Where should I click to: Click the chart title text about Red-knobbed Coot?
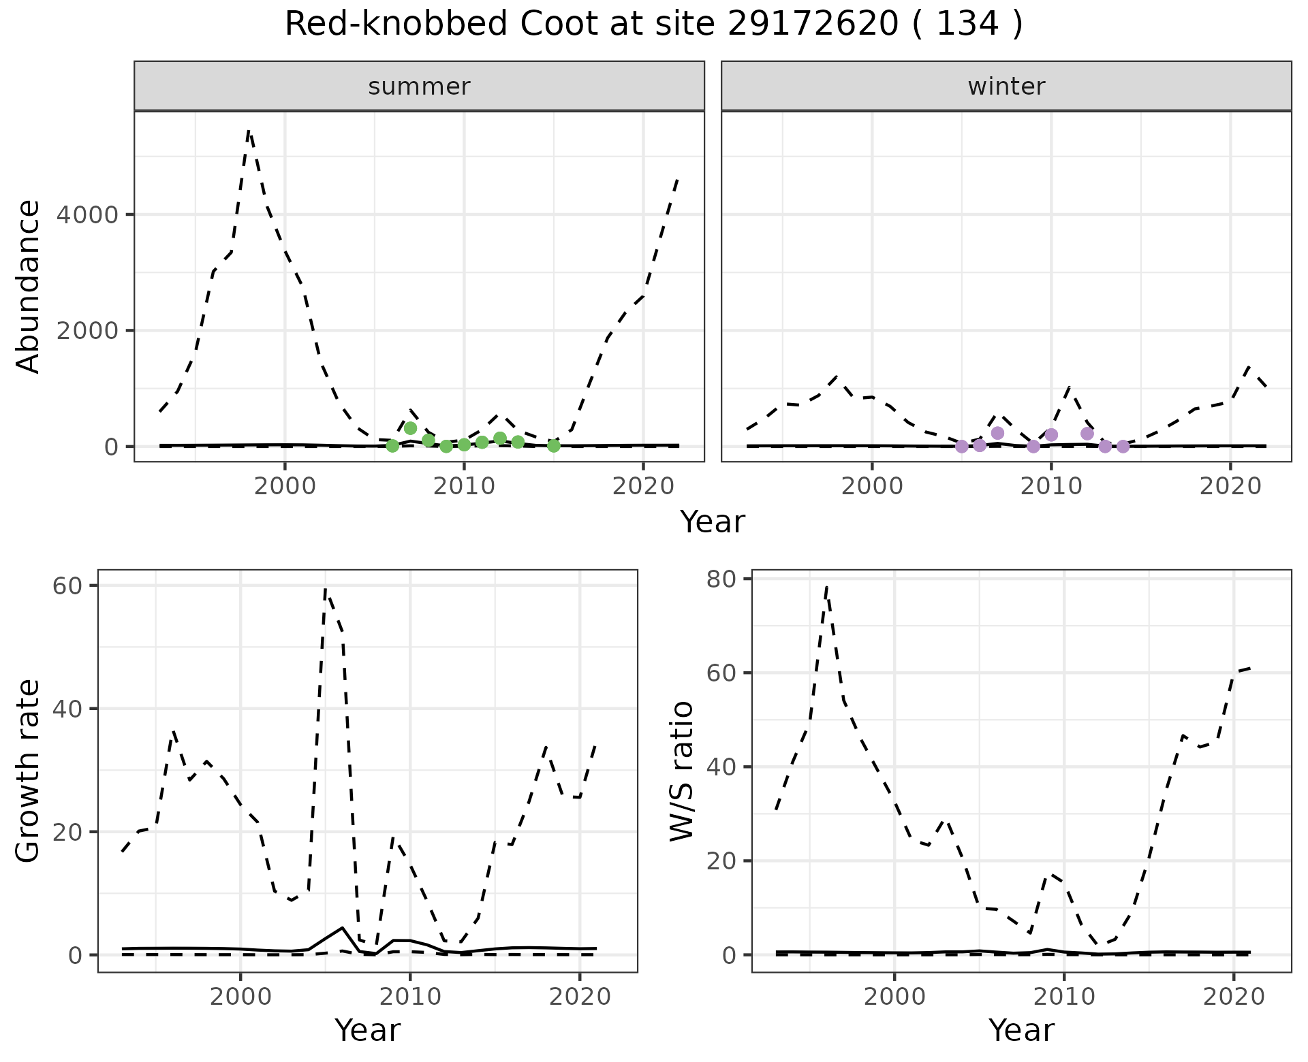(653, 25)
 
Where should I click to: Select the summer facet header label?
(419, 86)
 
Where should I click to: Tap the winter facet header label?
(1006, 86)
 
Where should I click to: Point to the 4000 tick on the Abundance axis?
(87, 215)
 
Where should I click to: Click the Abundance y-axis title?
(29, 286)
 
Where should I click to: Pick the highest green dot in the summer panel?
(410, 428)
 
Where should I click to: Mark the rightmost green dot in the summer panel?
(554, 446)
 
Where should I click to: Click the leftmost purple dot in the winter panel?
(961, 447)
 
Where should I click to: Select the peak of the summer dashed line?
(249, 131)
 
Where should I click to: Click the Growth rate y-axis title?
(29, 771)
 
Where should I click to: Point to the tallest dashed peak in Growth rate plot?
(326, 588)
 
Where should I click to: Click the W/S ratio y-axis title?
(682, 771)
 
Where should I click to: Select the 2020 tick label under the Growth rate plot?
(579, 997)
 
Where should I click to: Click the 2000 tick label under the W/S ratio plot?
(894, 997)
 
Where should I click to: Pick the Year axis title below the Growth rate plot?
(367, 1030)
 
